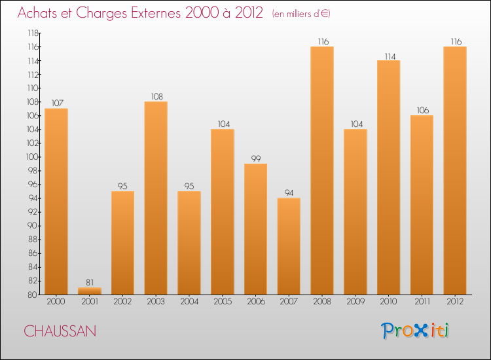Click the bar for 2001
(89, 291)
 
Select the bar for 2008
(321, 170)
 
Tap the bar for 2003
(156, 198)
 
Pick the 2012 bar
(454, 170)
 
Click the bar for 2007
(289, 246)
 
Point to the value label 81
(89, 282)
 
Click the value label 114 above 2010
(388, 56)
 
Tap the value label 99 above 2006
(255, 158)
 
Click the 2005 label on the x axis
(222, 302)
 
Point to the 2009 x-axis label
(355, 302)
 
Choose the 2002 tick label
(122, 302)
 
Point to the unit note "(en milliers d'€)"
(302, 14)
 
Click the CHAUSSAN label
(60, 331)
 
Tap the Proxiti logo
(415, 331)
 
